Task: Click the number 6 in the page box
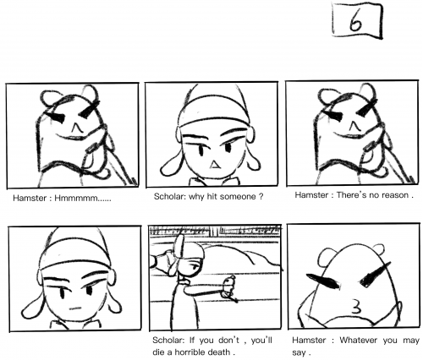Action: tap(355, 21)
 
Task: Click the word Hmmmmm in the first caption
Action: tap(76, 198)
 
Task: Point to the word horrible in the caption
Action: tap(190, 352)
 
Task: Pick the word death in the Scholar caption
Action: tap(219, 352)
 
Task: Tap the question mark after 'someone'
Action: tap(261, 197)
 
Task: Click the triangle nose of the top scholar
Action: tap(215, 165)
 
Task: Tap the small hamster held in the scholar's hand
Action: tap(229, 287)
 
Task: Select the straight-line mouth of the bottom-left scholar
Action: tap(75, 308)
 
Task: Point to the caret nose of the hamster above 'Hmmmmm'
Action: tap(75, 128)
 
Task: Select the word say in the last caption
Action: tap(299, 352)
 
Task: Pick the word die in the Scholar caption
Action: tap(158, 352)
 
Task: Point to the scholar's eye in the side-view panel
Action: tap(194, 266)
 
